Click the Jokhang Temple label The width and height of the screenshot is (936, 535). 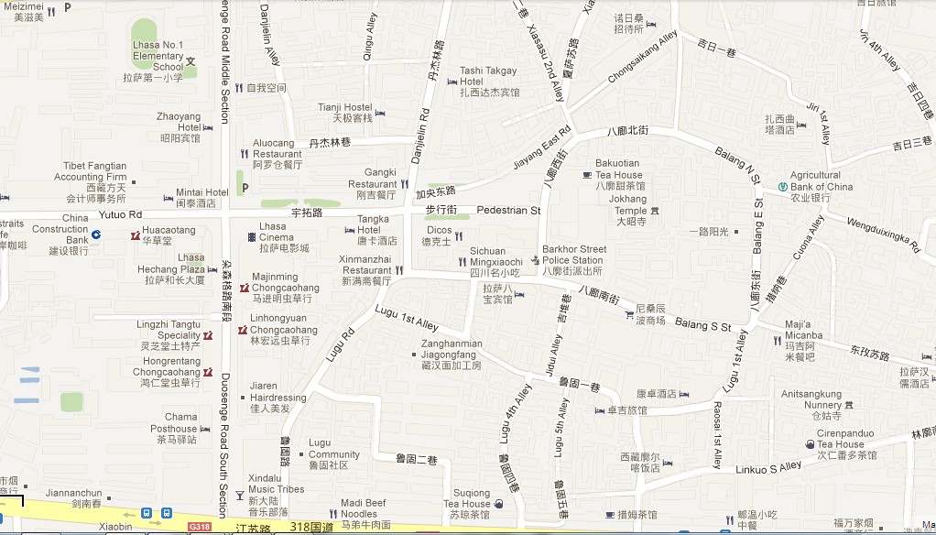[x=627, y=204]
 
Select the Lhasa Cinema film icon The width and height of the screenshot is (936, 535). [x=252, y=237]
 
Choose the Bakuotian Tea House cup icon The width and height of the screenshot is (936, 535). [x=587, y=174]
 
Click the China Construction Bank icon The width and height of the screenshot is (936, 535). [x=95, y=235]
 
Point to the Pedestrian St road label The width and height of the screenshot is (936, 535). [x=509, y=211]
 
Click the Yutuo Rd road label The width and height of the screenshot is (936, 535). [x=121, y=214]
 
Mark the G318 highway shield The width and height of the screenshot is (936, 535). [x=199, y=527]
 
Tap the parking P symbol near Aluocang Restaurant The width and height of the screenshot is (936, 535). [x=244, y=188]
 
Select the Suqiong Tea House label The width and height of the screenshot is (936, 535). [x=467, y=498]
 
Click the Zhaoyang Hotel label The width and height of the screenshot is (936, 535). [x=179, y=122]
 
